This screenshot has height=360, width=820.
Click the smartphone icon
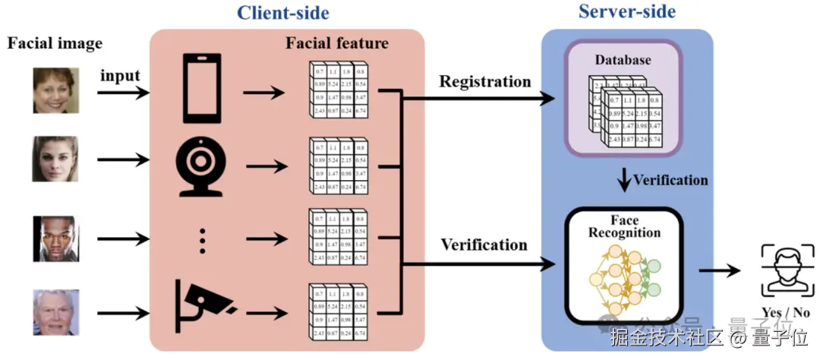[201, 88]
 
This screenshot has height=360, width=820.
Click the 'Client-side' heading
[282, 12]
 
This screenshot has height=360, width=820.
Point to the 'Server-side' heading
[626, 11]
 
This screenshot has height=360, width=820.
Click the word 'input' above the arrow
[121, 75]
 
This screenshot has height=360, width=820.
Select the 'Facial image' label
[55, 43]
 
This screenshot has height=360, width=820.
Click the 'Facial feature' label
[336, 43]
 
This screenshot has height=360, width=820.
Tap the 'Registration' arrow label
[485, 81]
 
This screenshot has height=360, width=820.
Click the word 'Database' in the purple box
[623, 59]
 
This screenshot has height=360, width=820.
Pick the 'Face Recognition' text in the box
[624, 226]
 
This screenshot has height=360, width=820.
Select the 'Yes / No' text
[785, 312]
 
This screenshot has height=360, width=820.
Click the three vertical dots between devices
[202, 240]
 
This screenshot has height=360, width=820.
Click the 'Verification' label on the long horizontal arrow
[484, 245]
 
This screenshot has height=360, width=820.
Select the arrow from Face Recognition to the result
[718, 270]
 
